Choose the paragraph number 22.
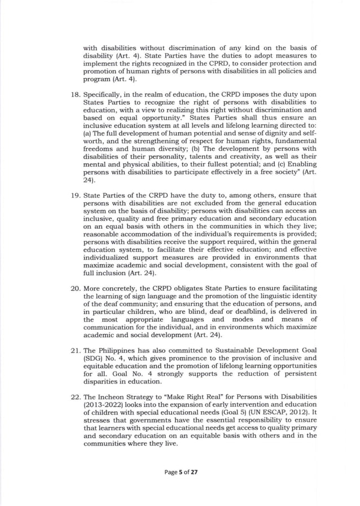click(73, 397)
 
